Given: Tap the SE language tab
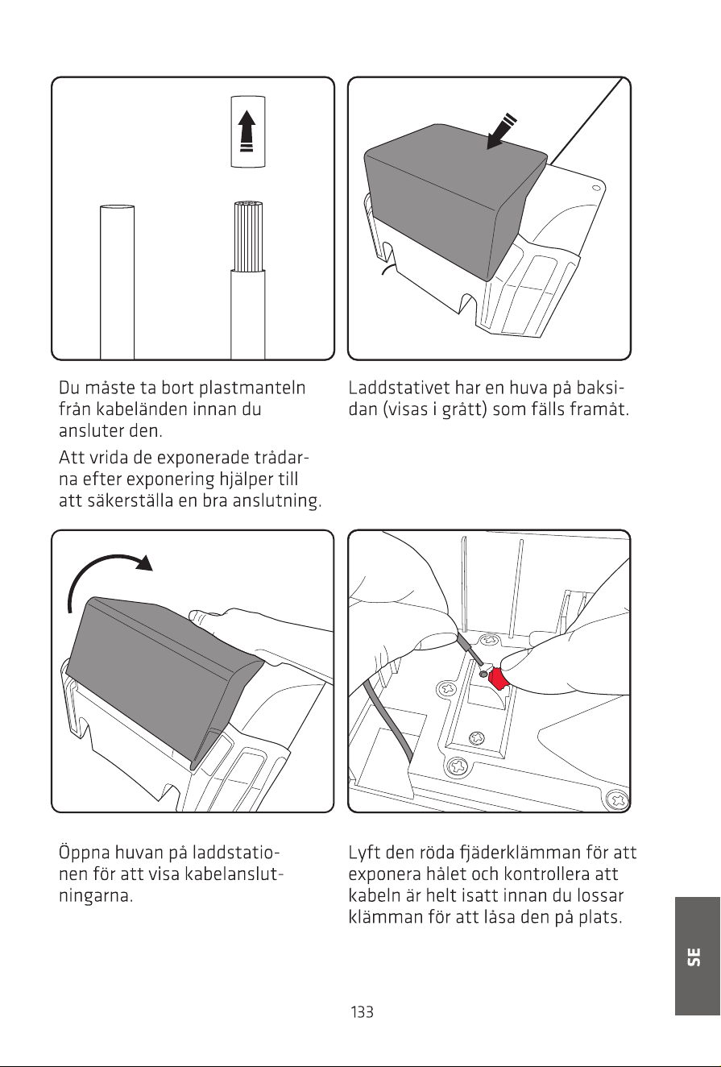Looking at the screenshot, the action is point(697,956).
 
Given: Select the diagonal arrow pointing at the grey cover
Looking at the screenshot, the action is point(501,131).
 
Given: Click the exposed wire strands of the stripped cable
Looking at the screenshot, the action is point(248,237).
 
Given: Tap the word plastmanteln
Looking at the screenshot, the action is point(252,388).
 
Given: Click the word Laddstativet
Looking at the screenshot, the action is point(399,388).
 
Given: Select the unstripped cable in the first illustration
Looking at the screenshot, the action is point(117,282).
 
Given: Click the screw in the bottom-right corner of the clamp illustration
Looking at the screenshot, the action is point(617,799).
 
